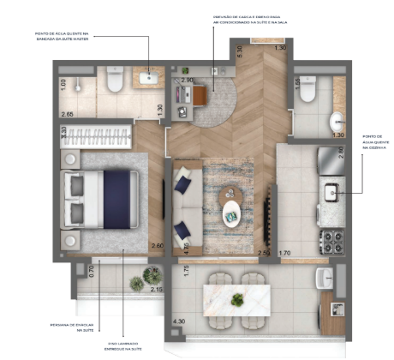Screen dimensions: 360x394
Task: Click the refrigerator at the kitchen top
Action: pyautogui.click(x=330, y=159)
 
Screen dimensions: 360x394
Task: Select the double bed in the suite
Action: pyautogui.click(x=101, y=198)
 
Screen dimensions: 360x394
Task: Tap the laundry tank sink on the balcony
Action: pyautogui.click(x=324, y=279)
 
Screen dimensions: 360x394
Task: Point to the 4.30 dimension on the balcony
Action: pyautogui.click(x=178, y=322)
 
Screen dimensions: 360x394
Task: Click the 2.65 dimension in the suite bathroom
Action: pyautogui.click(x=67, y=113)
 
